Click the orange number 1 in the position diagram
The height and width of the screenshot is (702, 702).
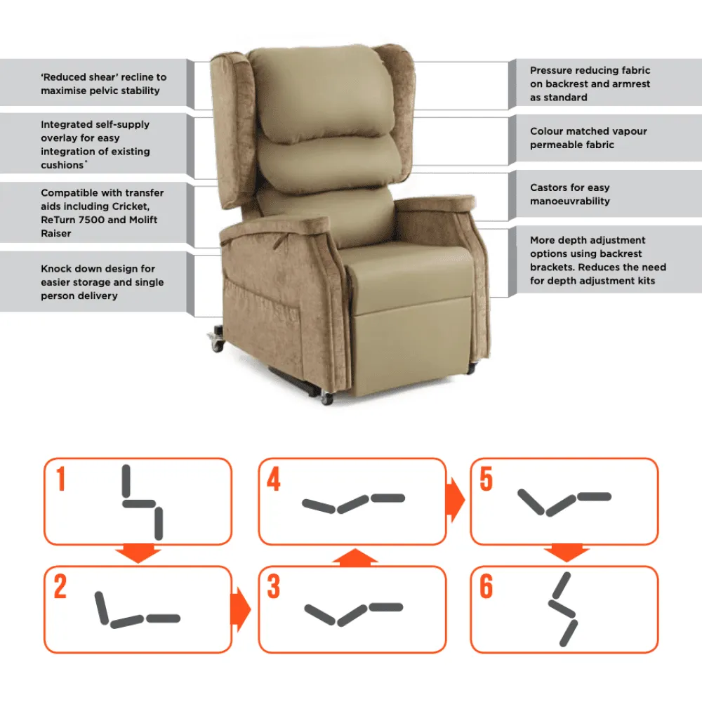pyautogui.click(x=61, y=479)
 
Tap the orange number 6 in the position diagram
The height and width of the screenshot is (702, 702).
pyautogui.click(x=486, y=586)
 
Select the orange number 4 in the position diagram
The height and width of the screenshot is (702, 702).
pyautogui.click(x=274, y=479)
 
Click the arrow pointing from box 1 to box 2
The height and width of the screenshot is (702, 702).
pyautogui.click(x=138, y=553)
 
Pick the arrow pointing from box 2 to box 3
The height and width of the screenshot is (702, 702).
pyautogui.click(x=241, y=609)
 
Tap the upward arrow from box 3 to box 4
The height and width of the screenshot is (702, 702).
pyautogui.click(x=355, y=557)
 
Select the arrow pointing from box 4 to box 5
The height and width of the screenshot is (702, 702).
pyautogui.click(x=456, y=500)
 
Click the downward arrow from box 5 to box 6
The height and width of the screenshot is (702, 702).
pyautogui.click(x=566, y=553)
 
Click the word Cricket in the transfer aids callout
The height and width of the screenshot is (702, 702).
pyautogui.click(x=130, y=206)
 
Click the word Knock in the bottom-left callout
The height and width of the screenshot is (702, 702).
pyautogui.click(x=54, y=269)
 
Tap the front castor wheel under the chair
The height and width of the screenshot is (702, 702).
pyautogui.click(x=327, y=399)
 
